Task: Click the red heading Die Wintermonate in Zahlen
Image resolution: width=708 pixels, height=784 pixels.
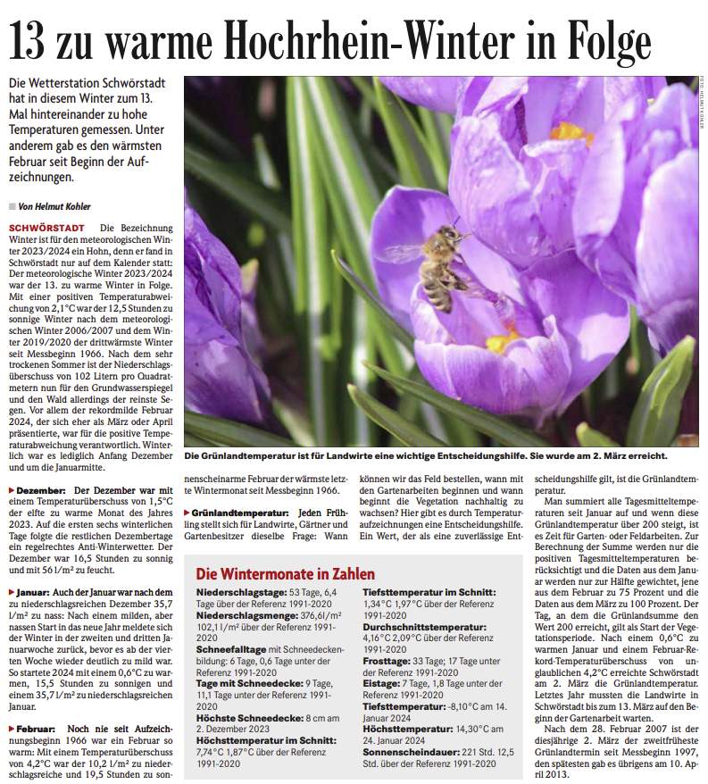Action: (x=286, y=573)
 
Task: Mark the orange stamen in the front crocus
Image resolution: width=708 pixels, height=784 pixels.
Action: (x=501, y=341)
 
